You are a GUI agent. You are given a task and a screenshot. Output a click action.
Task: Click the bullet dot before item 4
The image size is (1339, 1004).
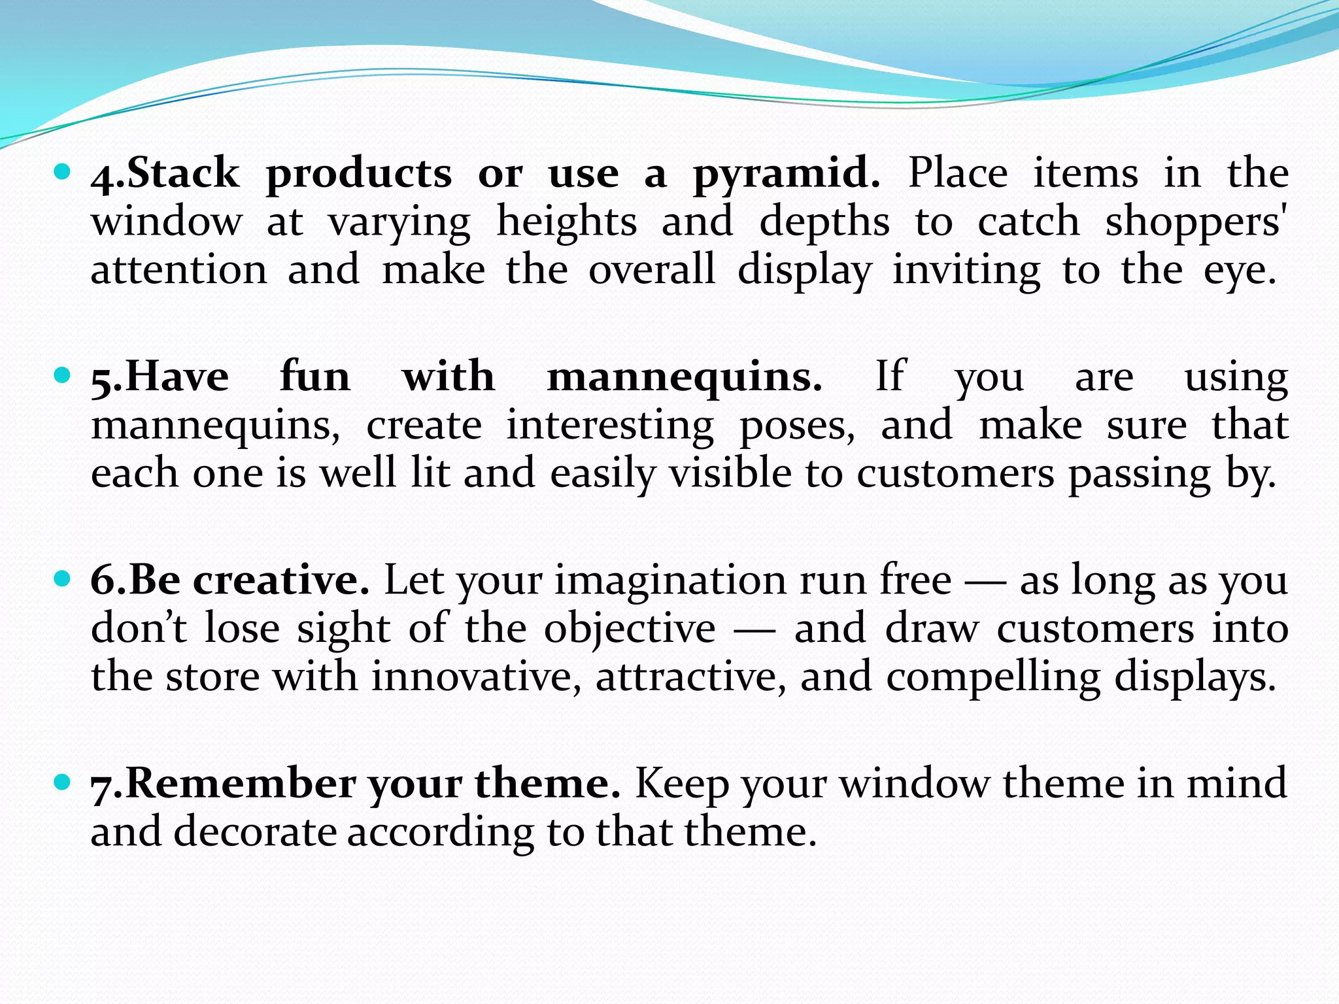pos(62,173)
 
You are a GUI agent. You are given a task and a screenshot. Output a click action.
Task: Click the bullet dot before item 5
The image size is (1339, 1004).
pos(62,376)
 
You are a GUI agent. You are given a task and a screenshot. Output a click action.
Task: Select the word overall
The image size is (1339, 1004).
pos(652,269)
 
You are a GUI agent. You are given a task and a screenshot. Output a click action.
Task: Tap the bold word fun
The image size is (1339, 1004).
pos(315,376)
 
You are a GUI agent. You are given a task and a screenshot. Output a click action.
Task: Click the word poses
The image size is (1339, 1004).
pos(796,426)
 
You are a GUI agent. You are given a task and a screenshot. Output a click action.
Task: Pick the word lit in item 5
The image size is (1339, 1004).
pos(430,473)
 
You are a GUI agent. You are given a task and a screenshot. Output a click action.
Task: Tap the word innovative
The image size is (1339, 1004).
pos(476,677)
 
